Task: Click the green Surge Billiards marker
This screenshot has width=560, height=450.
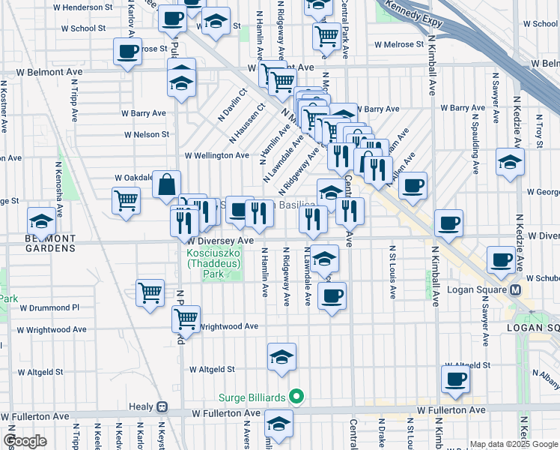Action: click(x=296, y=397)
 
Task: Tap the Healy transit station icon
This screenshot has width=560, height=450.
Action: click(x=161, y=407)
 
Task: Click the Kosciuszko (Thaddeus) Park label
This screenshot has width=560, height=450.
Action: click(x=210, y=264)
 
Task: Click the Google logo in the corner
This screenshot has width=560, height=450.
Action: click(x=25, y=441)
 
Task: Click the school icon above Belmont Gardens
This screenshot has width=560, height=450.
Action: click(x=41, y=221)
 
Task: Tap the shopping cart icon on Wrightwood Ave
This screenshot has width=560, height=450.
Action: click(x=186, y=318)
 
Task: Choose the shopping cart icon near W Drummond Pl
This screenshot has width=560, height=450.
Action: click(x=150, y=292)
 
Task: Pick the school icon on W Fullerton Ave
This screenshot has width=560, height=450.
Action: click(x=279, y=424)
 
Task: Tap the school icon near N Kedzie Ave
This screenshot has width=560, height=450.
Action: click(x=510, y=162)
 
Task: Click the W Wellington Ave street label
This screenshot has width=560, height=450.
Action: click(x=216, y=155)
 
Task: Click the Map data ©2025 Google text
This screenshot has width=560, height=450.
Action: click(x=514, y=444)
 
